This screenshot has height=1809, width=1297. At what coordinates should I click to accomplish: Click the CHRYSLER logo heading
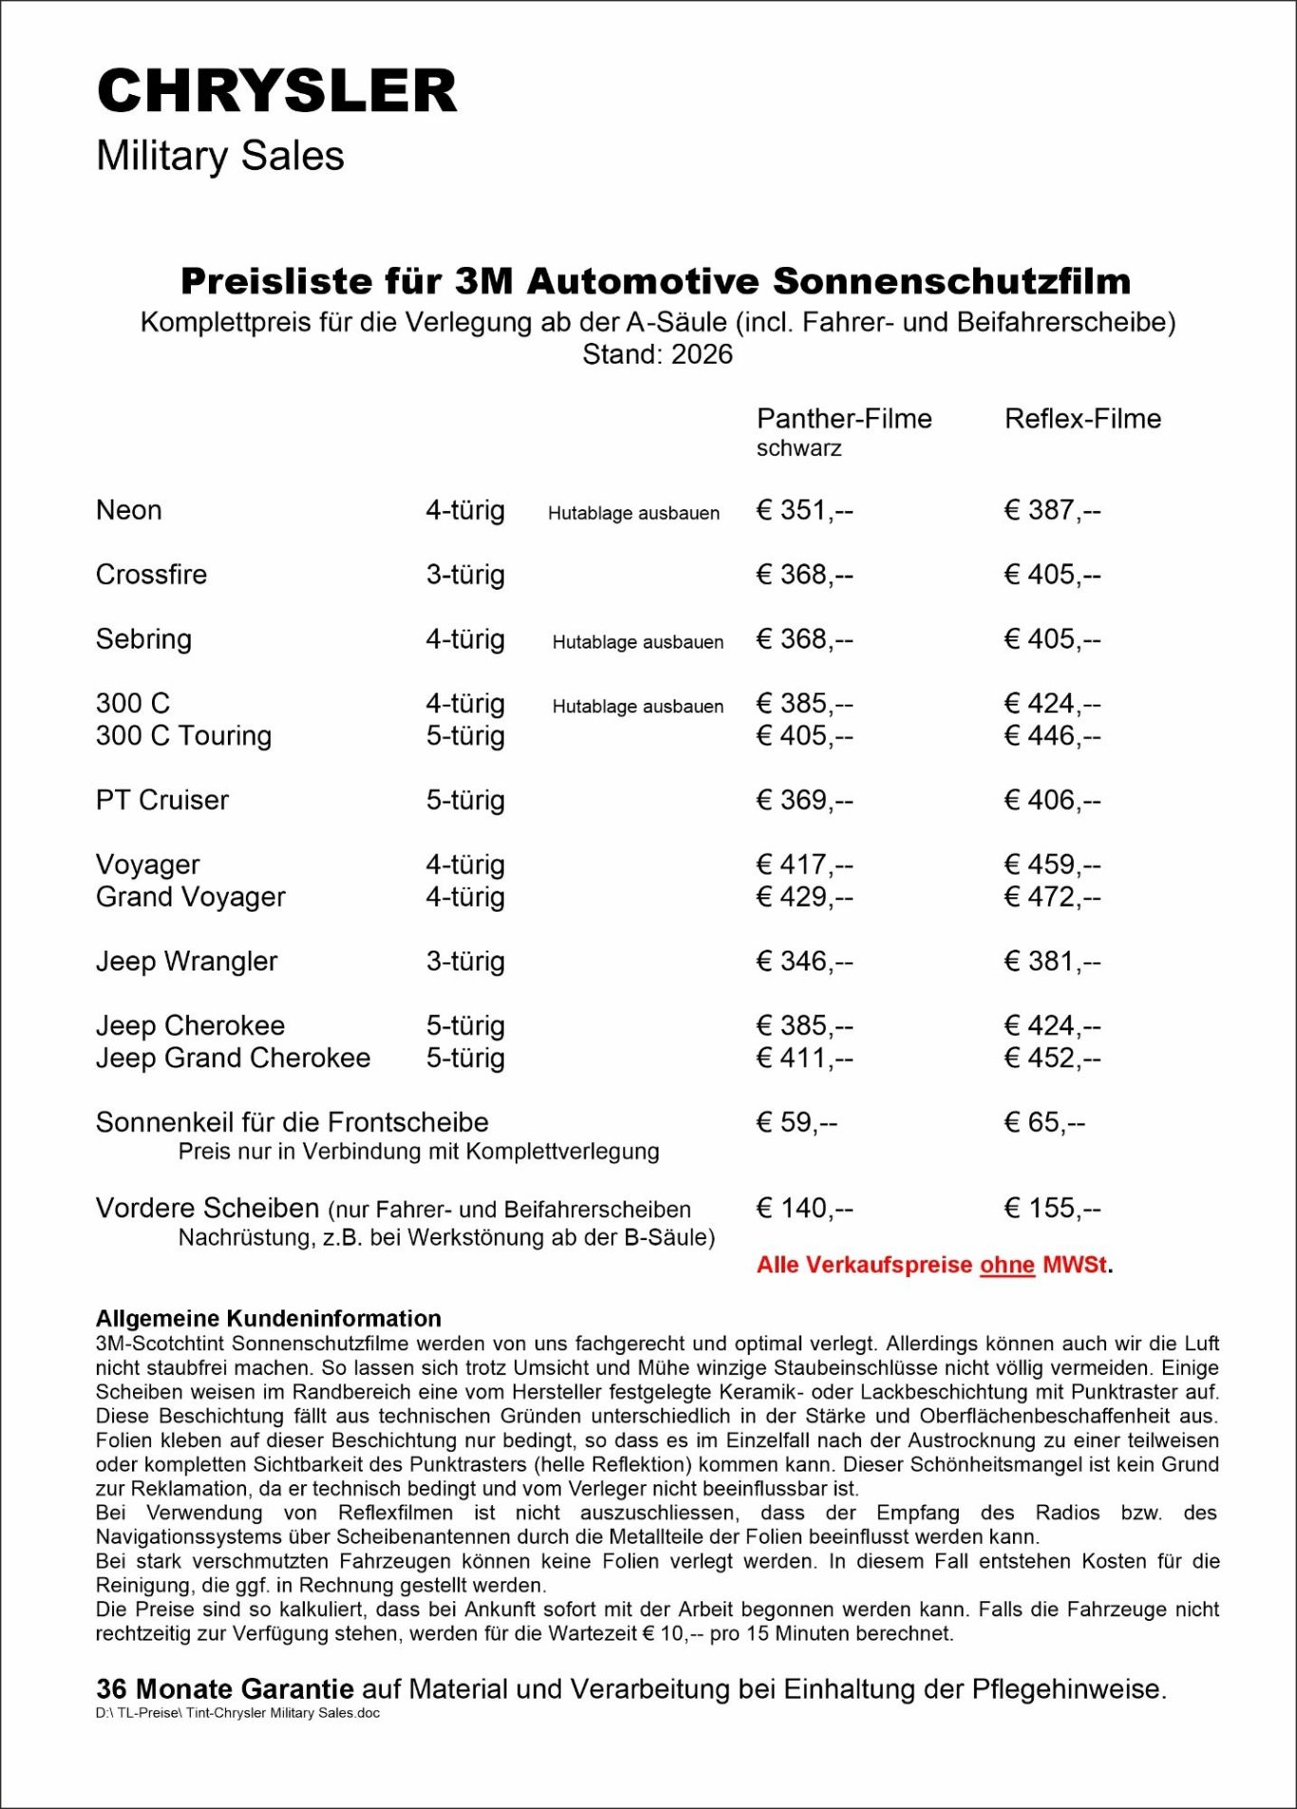[277, 91]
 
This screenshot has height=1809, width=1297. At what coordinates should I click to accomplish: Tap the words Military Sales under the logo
[220, 157]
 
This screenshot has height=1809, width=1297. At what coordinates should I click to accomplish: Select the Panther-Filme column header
[844, 419]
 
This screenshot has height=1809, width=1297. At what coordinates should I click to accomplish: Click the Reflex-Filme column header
[1082, 419]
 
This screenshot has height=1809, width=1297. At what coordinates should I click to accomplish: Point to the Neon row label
[129, 511]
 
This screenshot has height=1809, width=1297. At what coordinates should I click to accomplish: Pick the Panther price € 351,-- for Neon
[804, 511]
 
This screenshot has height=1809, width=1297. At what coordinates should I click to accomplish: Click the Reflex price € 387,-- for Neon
[1052, 511]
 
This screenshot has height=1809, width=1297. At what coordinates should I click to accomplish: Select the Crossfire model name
[151, 575]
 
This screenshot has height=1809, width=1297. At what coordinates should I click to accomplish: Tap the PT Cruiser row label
[162, 801]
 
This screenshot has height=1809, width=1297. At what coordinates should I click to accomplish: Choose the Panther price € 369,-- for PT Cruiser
[804, 801]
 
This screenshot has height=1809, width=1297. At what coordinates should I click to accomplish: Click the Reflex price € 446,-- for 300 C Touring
[1052, 736]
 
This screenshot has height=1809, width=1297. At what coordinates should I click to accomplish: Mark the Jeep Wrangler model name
[186, 962]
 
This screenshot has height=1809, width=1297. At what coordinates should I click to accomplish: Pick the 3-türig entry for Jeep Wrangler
[465, 962]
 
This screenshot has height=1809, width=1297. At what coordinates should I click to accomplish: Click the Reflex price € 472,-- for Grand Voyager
[1052, 897]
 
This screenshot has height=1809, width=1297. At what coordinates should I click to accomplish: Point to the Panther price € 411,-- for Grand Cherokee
[804, 1058]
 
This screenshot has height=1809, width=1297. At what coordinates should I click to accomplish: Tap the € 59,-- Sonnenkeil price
[797, 1122]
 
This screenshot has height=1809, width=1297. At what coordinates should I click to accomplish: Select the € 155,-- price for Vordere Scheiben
[1052, 1208]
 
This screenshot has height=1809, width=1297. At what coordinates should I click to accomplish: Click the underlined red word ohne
[1006, 1266]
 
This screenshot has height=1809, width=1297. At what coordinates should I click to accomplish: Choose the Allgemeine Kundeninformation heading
[269, 1318]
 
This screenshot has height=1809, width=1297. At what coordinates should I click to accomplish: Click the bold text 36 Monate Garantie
[225, 1689]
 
